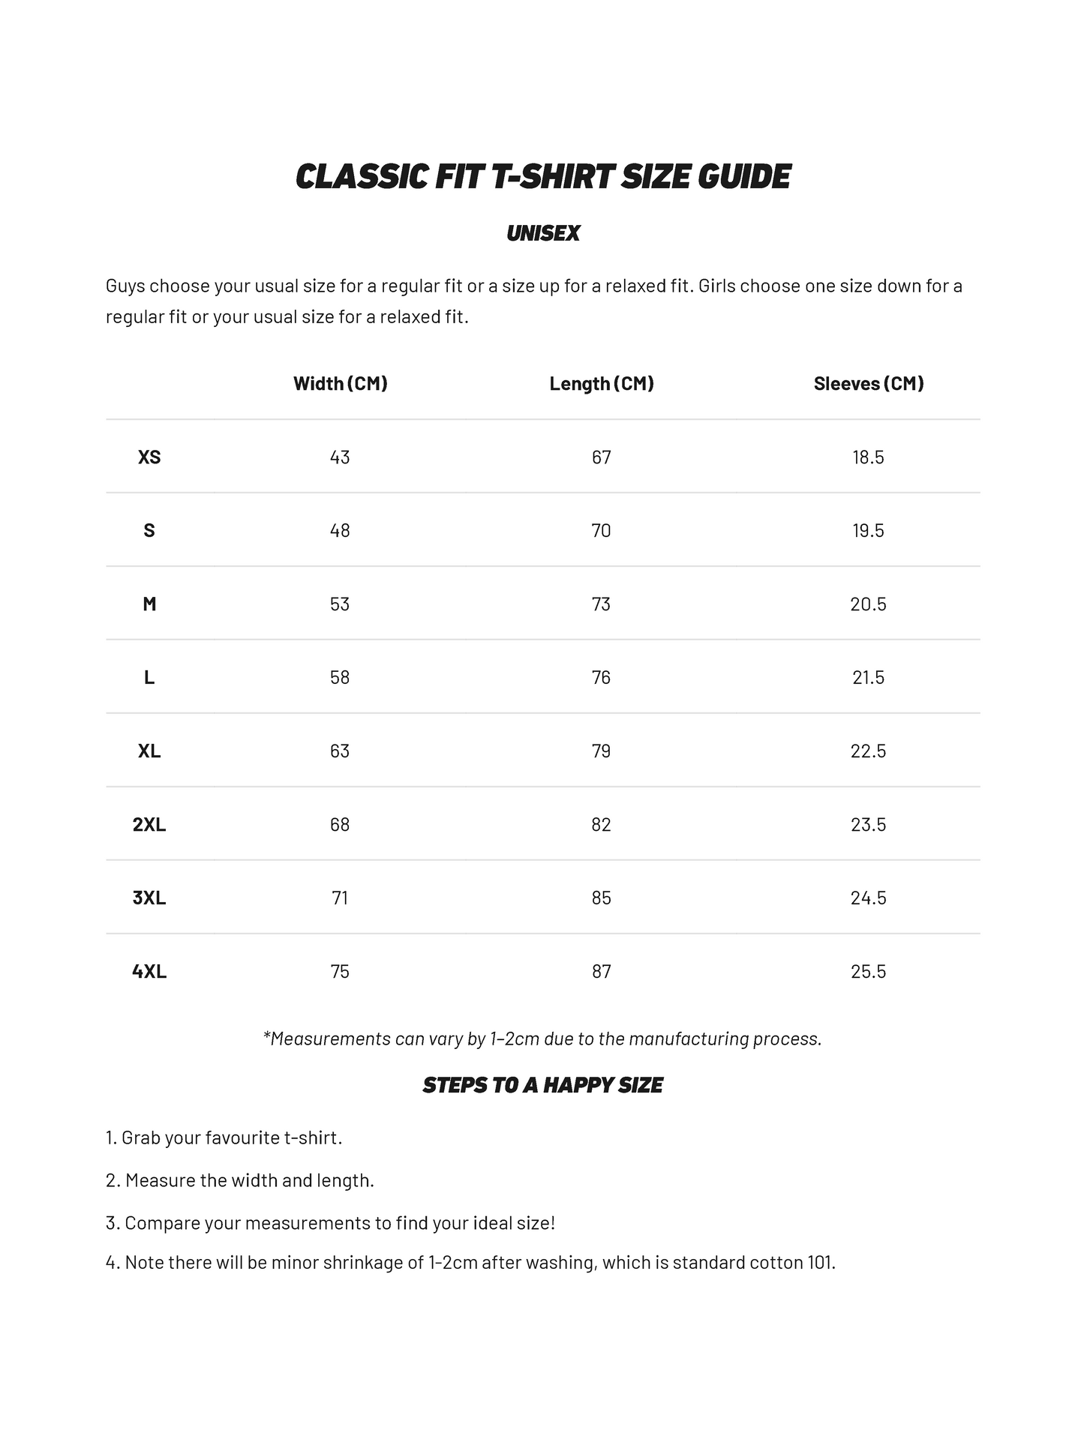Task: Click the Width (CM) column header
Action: pyautogui.click(x=340, y=384)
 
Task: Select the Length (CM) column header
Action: pyautogui.click(x=602, y=384)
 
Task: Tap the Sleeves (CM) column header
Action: pyautogui.click(x=868, y=384)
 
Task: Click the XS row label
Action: pyautogui.click(x=149, y=457)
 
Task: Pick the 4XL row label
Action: pyautogui.click(x=149, y=972)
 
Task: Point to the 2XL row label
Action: pyautogui.click(x=149, y=825)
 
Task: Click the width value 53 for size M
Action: pyautogui.click(x=340, y=604)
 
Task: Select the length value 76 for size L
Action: pyautogui.click(x=602, y=678)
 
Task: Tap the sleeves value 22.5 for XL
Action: pyautogui.click(x=868, y=751)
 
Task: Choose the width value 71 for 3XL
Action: pyautogui.click(x=340, y=898)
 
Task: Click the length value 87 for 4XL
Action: pyautogui.click(x=602, y=972)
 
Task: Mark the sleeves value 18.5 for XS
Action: pyautogui.click(x=868, y=457)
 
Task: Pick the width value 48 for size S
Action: pyautogui.click(x=340, y=531)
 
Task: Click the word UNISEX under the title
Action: pyautogui.click(x=543, y=234)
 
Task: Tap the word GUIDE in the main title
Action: pyautogui.click(x=744, y=177)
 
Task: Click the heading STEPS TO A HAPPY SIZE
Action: pyautogui.click(x=542, y=1086)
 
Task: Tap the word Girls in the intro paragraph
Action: pyautogui.click(x=718, y=286)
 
